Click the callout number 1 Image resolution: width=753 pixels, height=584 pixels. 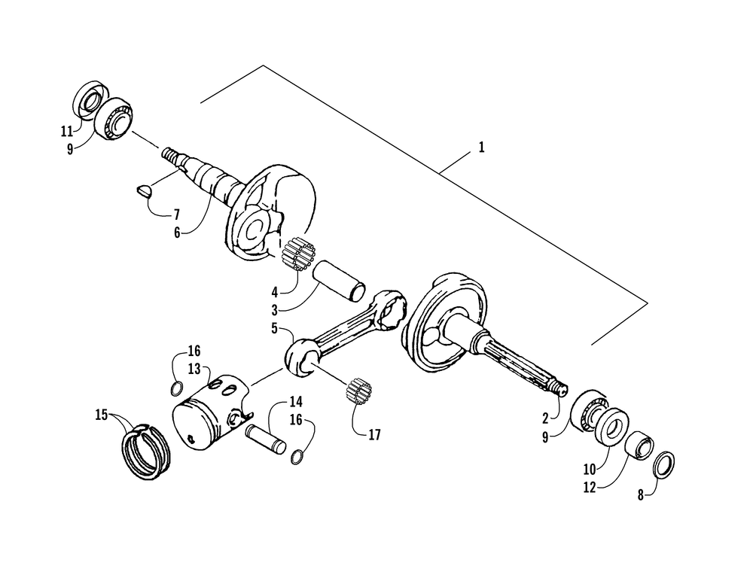pyautogui.click(x=481, y=148)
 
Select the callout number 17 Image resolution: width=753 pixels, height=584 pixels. pyautogui.click(x=374, y=434)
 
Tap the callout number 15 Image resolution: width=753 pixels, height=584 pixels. pyautogui.click(x=101, y=414)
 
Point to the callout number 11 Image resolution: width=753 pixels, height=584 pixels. pyautogui.click(x=67, y=131)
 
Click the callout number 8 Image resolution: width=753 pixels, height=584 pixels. pyautogui.click(x=642, y=497)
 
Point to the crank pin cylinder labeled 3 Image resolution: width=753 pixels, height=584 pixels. pyautogui.click(x=340, y=280)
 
